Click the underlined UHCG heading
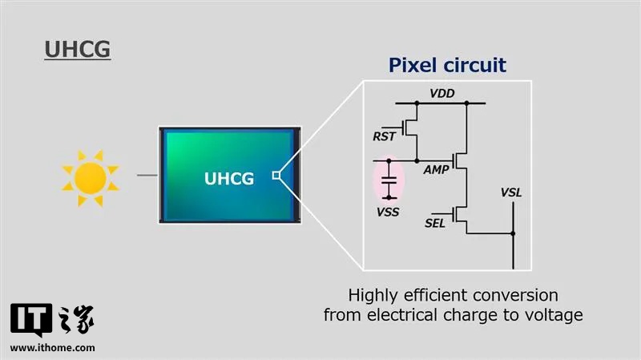[x=76, y=49]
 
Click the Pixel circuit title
[x=447, y=65]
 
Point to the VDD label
[x=442, y=93]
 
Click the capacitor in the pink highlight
[x=389, y=179]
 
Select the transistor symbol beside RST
[x=411, y=127]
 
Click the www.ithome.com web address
[x=53, y=347]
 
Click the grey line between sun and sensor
[x=147, y=174]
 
